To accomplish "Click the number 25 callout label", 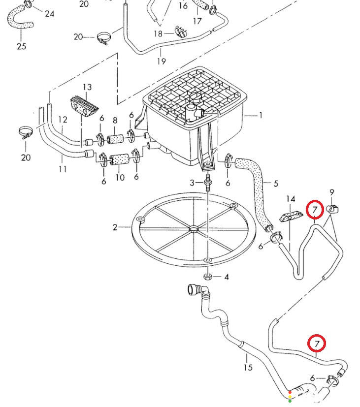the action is click(x=22, y=46).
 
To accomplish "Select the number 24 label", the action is click(x=49, y=13).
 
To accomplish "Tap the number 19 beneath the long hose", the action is click(x=162, y=61).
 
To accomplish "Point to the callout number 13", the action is click(x=87, y=87).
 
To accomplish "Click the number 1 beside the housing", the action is click(x=261, y=115).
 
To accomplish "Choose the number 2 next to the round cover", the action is click(x=115, y=227).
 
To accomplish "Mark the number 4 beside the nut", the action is click(x=227, y=277).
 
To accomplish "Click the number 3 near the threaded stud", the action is click(x=192, y=183).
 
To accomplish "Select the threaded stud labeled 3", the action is click(x=207, y=183).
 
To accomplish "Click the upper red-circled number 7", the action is click(x=315, y=209).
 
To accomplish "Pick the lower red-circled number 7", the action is click(x=317, y=344).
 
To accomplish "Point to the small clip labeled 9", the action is click(x=332, y=209).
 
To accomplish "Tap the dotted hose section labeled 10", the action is click(x=120, y=159).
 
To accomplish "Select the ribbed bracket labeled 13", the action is click(x=84, y=106).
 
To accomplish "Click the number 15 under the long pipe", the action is click(x=248, y=367).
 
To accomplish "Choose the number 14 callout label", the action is click(x=291, y=199).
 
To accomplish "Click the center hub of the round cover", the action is click(x=193, y=229).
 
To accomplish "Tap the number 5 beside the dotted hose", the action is click(x=276, y=184).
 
